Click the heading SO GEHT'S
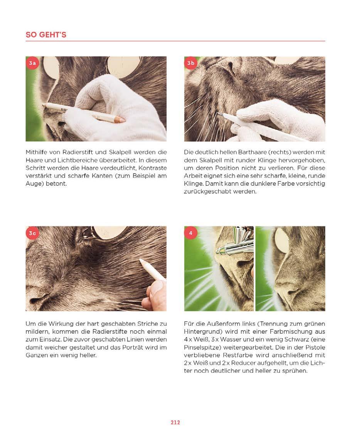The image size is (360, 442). (46, 35)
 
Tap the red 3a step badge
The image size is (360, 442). (32, 63)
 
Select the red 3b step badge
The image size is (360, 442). (190, 63)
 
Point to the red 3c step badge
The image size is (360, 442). (32, 233)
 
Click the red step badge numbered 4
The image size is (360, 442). (190, 233)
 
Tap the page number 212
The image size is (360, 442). (175, 422)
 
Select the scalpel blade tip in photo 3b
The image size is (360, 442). (218, 113)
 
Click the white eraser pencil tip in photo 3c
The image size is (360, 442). (141, 261)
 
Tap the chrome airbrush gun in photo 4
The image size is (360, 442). (234, 242)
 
